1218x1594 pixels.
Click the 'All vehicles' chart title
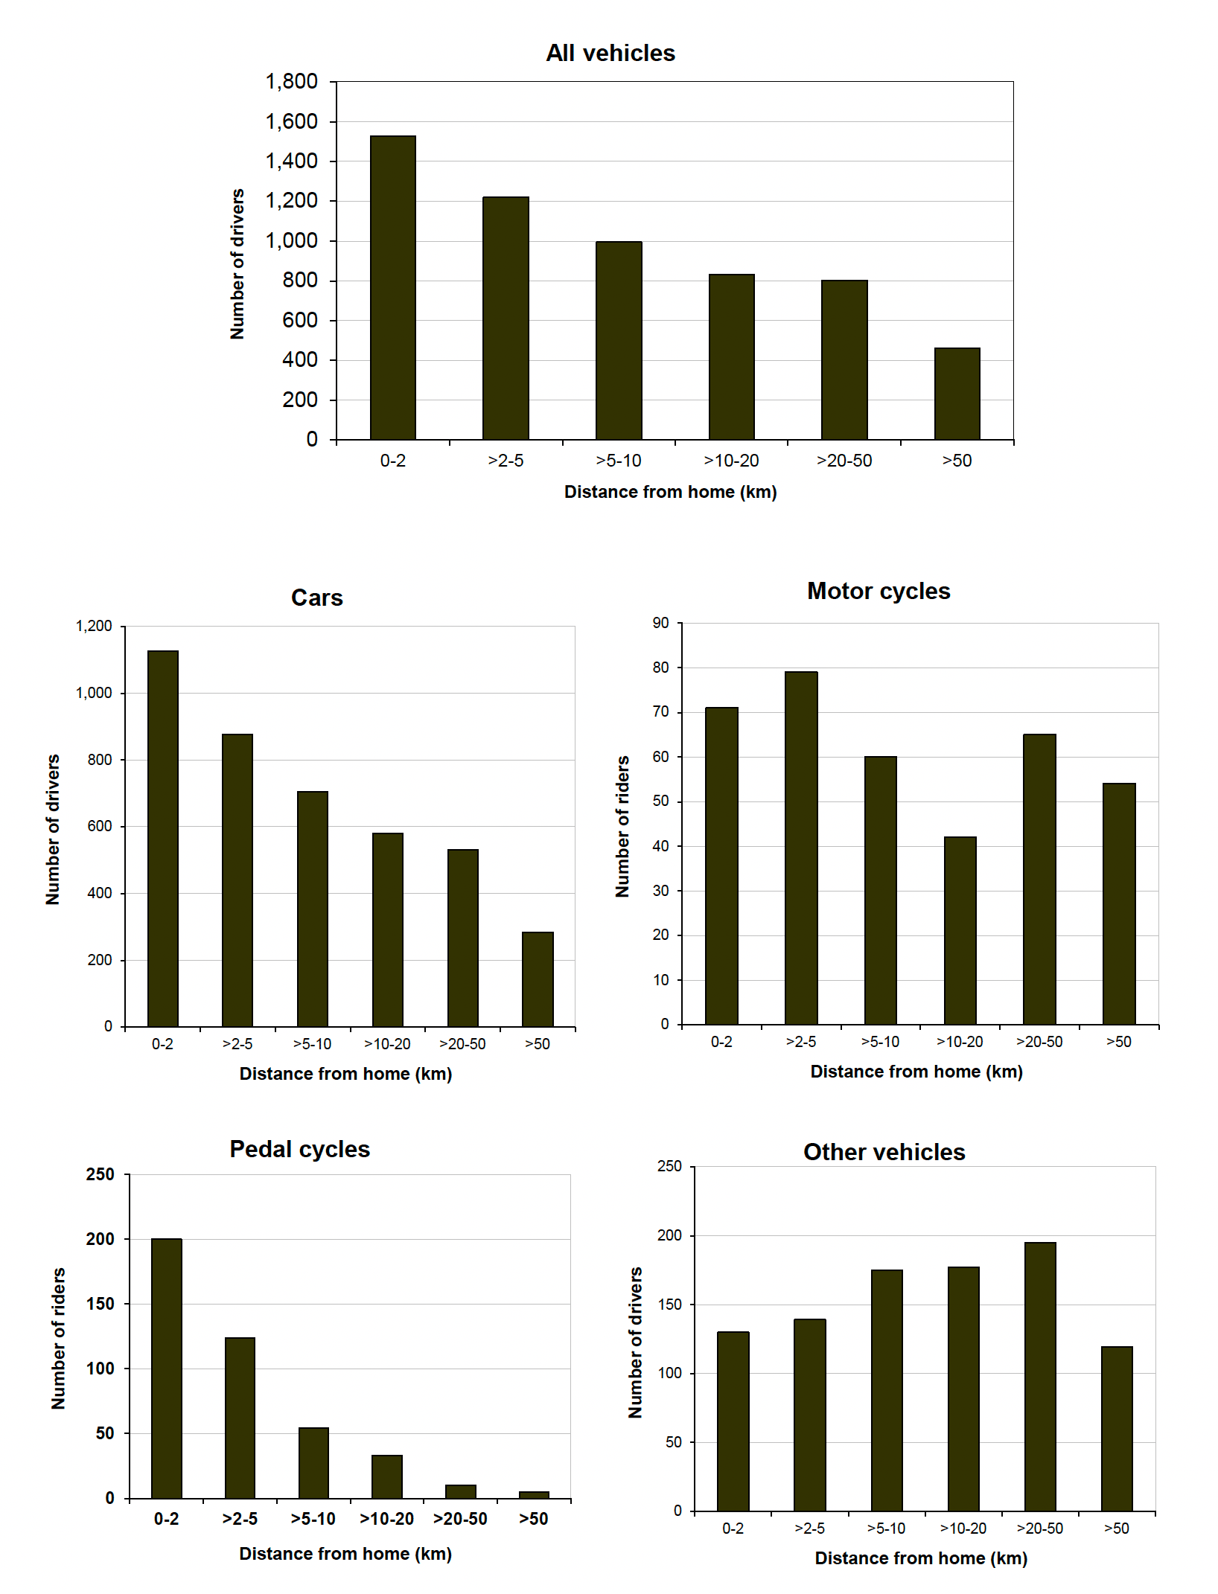coord(610,53)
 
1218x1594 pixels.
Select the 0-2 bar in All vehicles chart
coord(392,288)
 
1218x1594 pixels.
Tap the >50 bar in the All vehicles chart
coord(957,394)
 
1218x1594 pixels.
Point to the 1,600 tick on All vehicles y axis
coord(291,121)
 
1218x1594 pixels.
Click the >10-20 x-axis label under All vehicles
coord(731,461)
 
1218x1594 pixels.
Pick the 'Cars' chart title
coord(316,598)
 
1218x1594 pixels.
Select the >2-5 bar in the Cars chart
coord(237,880)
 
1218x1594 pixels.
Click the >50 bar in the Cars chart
coord(538,979)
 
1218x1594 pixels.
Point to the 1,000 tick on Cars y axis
coord(94,693)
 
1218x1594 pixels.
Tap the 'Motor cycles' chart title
coord(879,591)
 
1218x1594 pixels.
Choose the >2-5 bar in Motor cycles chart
coord(801,848)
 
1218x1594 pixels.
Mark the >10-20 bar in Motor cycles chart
coord(960,930)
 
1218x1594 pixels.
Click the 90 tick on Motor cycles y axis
coord(660,623)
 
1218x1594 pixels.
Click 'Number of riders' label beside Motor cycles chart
coord(622,826)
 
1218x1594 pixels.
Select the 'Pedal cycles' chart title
coord(299,1149)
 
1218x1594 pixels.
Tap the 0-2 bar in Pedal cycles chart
coord(166,1368)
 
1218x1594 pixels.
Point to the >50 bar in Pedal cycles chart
coord(534,1494)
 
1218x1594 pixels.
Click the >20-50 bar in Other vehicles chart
coord(1039,1377)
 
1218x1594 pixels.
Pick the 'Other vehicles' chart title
coord(884,1152)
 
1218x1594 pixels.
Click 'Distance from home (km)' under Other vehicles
coord(921,1558)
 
